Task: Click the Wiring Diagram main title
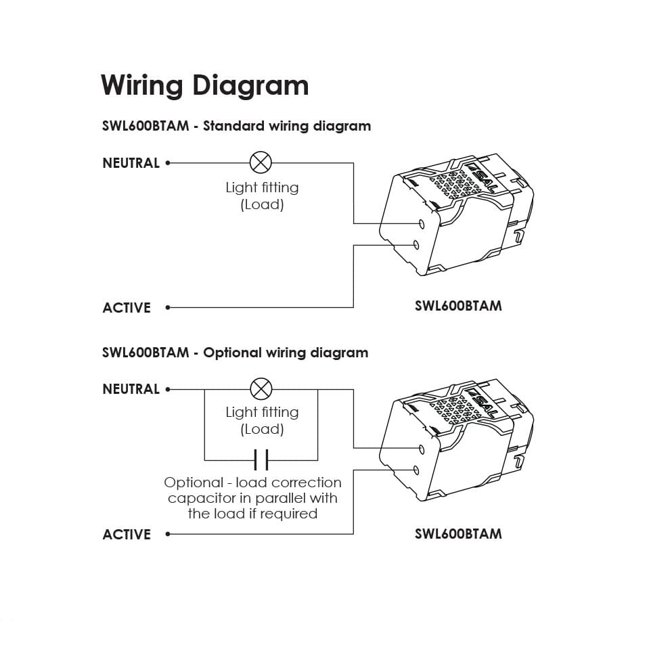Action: click(205, 86)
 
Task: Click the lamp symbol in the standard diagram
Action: click(261, 162)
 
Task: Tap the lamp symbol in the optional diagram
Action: click(261, 389)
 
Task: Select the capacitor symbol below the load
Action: click(261, 460)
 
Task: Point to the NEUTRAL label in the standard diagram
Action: click(131, 163)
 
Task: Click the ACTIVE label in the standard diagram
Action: click(127, 308)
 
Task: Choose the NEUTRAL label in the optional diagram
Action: click(131, 389)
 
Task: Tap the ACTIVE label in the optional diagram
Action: click(127, 535)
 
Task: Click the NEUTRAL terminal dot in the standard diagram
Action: click(168, 163)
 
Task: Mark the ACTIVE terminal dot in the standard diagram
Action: click(168, 307)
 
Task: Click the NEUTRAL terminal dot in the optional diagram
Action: click(168, 389)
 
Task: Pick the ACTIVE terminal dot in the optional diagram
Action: click(168, 534)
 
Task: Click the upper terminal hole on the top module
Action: click(422, 224)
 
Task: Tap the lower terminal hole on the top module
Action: click(416, 245)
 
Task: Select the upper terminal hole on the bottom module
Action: click(422, 449)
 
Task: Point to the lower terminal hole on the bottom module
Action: click(416, 470)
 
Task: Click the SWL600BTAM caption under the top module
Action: click(458, 306)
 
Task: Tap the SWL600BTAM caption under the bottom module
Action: click(458, 534)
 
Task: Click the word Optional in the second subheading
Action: click(232, 353)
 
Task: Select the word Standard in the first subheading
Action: click(233, 126)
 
